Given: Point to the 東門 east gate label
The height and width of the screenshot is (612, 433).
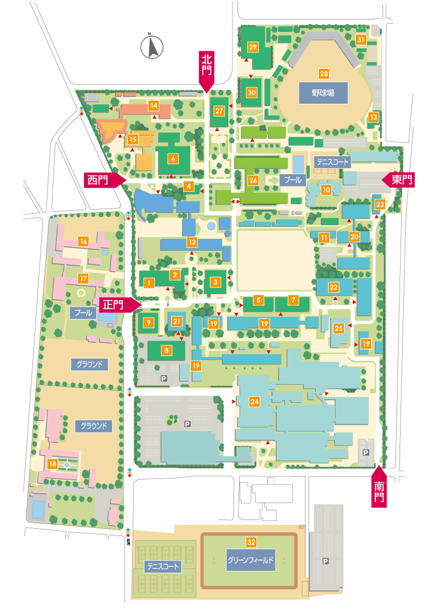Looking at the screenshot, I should click(x=401, y=180).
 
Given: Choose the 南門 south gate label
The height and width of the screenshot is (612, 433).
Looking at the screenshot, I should click(x=379, y=490).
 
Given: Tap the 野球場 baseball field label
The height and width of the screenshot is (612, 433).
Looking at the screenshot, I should click(x=323, y=94).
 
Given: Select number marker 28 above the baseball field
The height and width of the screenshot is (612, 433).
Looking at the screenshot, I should click(x=323, y=73).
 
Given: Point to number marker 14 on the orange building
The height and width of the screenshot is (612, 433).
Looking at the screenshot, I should click(x=153, y=105).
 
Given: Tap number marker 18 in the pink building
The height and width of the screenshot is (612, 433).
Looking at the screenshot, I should click(x=52, y=464).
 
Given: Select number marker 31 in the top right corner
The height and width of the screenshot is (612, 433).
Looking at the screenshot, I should click(x=361, y=40).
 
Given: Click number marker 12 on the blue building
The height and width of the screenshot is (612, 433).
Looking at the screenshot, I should click(x=192, y=242).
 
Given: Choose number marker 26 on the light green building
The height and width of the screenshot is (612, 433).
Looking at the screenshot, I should click(x=252, y=181).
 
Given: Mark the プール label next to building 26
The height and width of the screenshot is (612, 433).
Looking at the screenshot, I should click(x=293, y=180).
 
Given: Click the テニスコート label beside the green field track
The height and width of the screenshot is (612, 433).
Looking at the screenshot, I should click(x=163, y=567).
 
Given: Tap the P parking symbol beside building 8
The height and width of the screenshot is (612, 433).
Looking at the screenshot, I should click(x=164, y=378).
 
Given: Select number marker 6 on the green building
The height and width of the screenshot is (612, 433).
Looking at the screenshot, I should click(x=173, y=158).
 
